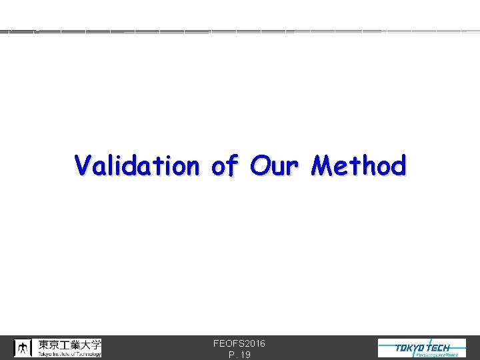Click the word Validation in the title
coord(137,165)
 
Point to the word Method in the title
coord(359,165)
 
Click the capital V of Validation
coord(83,165)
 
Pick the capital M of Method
coord(323,165)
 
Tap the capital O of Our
coord(259,165)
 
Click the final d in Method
coord(397,165)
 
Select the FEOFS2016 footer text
coord(239,343)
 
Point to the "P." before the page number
coord(231,355)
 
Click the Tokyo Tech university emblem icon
coord(23,347)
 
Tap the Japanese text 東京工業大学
coord(69,345)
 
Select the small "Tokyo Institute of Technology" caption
coord(69,354)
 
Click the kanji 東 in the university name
coord(44,345)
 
